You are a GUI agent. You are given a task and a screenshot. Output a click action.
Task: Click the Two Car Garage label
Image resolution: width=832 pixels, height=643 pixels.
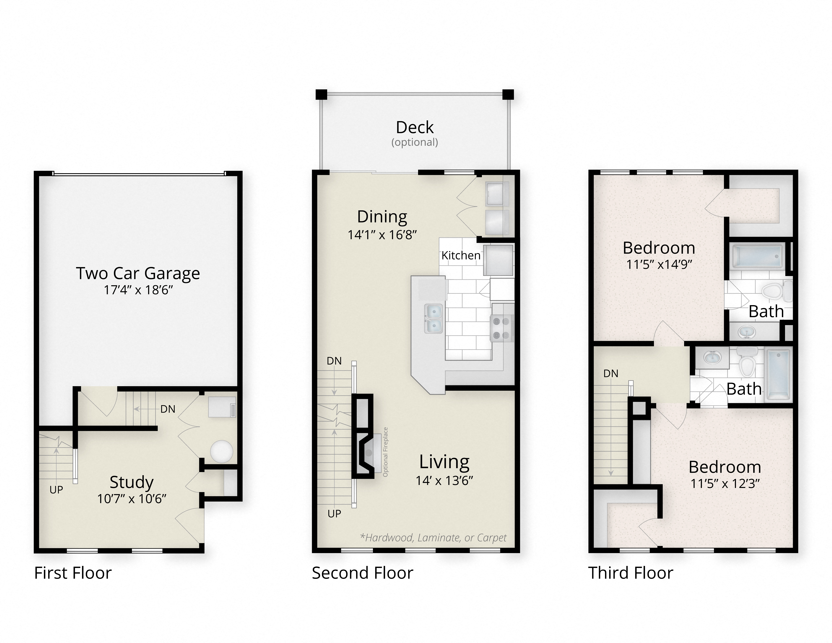[x=138, y=273]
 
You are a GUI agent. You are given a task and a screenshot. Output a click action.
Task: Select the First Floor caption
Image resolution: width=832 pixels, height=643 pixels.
[x=73, y=573]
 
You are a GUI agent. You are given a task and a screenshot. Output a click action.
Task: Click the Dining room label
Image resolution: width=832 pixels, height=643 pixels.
[x=382, y=217]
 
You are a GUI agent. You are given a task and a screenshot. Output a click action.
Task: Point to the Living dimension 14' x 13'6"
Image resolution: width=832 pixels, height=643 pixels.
[x=444, y=481]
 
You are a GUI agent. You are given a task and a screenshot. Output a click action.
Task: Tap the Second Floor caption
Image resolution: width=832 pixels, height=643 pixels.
[x=362, y=573]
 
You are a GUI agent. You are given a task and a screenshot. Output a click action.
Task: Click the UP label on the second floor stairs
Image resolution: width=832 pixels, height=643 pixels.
[x=334, y=513]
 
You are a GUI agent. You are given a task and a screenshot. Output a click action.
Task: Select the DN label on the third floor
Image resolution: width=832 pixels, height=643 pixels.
[x=611, y=374]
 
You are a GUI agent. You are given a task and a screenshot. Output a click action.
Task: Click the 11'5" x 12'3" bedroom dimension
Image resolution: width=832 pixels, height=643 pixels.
[x=725, y=484]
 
